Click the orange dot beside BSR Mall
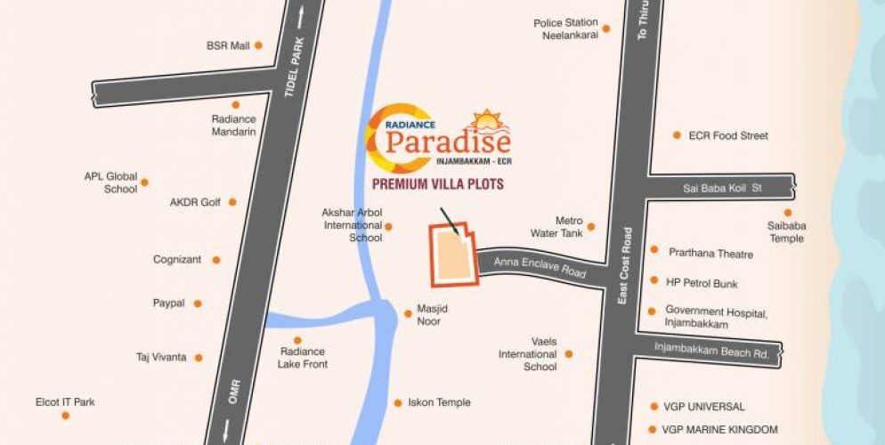[x=258, y=44]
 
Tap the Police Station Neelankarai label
[x=565, y=29]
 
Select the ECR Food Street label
[x=728, y=136]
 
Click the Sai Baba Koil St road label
[x=723, y=189]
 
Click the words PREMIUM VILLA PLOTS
[x=438, y=184]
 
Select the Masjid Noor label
[x=429, y=314]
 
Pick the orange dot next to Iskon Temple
[x=398, y=402]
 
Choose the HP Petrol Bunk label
[x=702, y=283]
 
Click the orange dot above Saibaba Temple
[x=788, y=213]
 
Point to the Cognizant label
[x=177, y=260]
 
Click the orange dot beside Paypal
[x=198, y=303]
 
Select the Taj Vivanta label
[x=161, y=358]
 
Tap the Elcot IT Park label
[x=65, y=402]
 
